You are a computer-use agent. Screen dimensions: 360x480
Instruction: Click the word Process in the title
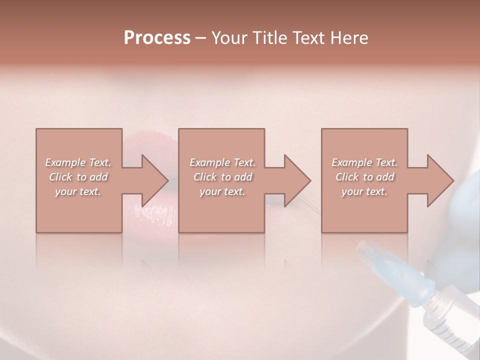(157, 38)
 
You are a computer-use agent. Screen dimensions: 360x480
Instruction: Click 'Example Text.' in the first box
(78, 162)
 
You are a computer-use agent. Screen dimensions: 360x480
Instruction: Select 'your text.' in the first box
(78, 191)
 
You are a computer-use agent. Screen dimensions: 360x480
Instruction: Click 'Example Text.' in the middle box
(222, 162)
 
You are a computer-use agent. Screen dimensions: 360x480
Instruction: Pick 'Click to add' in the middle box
(222, 177)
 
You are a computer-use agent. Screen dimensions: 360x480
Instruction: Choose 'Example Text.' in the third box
(364, 162)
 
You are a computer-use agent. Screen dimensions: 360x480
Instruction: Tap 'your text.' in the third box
(364, 191)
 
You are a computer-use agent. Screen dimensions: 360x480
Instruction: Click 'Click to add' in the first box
(78, 177)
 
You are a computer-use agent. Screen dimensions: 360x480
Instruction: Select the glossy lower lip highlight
(150, 210)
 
